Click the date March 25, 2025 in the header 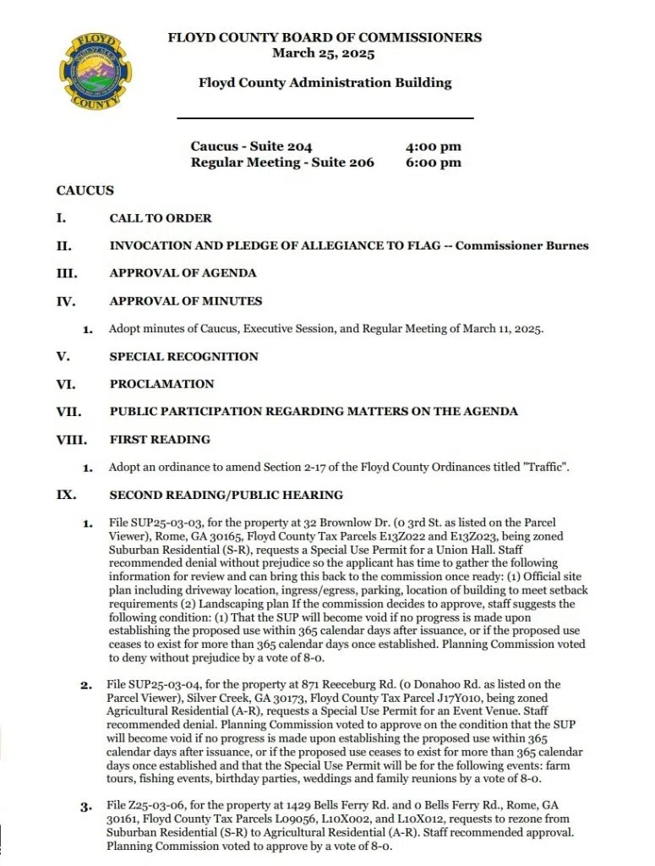(x=324, y=53)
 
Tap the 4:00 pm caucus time (x=434, y=146)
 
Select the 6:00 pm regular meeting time (x=434, y=162)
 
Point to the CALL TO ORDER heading (x=161, y=218)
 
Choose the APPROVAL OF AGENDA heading (x=183, y=273)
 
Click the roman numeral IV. (x=65, y=301)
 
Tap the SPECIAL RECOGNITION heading (x=183, y=356)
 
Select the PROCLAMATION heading (x=161, y=384)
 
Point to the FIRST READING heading (x=160, y=440)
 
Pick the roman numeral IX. (x=66, y=495)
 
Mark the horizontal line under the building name (x=325, y=118)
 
